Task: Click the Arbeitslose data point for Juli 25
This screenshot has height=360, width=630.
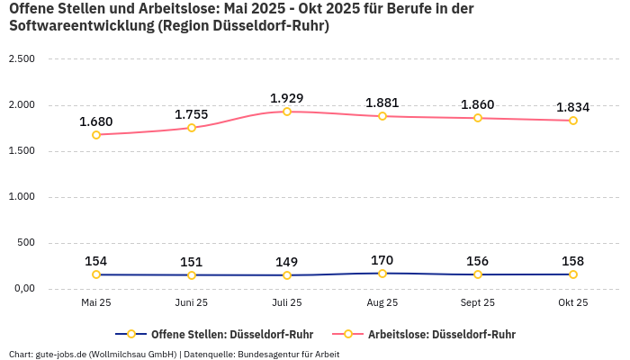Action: (287, 112)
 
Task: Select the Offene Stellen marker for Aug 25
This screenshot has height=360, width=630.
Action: (382, 274)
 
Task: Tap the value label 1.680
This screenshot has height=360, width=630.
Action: (96, 121)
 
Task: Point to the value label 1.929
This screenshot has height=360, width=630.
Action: (287, 98)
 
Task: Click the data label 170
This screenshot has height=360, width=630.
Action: (382, 260)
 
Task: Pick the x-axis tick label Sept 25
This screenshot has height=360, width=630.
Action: (477, 302)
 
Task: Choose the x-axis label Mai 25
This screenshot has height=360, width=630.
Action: (96, 302)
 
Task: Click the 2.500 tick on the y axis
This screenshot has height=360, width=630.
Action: (21, 59)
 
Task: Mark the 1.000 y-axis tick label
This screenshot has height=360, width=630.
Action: (21, 197)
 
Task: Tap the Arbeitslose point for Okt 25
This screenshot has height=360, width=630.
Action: (572, 121)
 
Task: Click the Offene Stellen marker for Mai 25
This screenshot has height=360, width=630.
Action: (96, 274)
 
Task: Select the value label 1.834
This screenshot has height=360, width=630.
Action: (572, 107)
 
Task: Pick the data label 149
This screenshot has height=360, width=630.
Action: (287, 262)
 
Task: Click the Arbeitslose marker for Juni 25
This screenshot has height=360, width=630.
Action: (192, 128)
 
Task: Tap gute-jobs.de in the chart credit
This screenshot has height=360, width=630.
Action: (60, 354)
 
